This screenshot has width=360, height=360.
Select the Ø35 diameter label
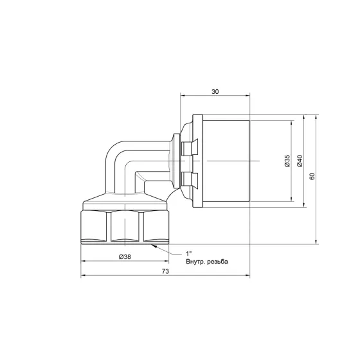(287, 161)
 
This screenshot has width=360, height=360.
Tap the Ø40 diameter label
(299, 161)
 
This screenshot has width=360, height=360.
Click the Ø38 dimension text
(126, 256)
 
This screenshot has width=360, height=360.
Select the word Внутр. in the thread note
(195, 262)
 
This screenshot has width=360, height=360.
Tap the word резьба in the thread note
(219, 262)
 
